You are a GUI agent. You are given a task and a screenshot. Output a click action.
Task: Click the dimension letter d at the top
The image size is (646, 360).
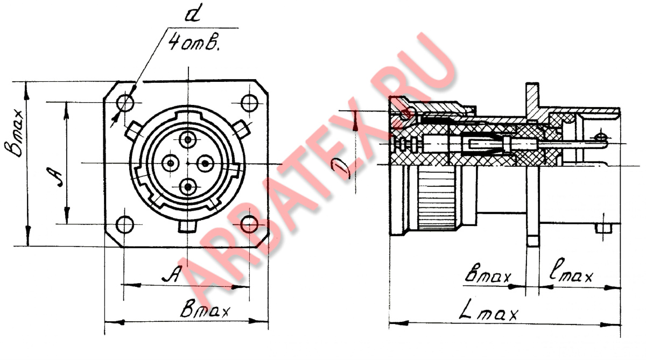pos(193,13)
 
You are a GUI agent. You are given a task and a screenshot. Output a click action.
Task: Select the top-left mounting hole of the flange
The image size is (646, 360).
pos(125,102)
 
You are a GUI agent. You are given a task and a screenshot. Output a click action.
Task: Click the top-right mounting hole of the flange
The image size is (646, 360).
pos(249,103)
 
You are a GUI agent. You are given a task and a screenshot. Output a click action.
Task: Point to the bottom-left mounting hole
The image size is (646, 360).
pos(125,224)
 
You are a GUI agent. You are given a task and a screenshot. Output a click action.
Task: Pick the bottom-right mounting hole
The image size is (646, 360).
pos(249,224)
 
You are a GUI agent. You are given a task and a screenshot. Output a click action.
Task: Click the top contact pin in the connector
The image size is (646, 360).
pos(188,140)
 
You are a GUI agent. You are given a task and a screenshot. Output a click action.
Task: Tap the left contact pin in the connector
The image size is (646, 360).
pos(171,164)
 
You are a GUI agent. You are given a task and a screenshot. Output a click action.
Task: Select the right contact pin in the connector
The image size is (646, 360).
pos(205,164)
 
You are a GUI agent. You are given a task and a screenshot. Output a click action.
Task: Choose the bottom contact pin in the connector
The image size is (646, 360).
pos(188,187)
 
